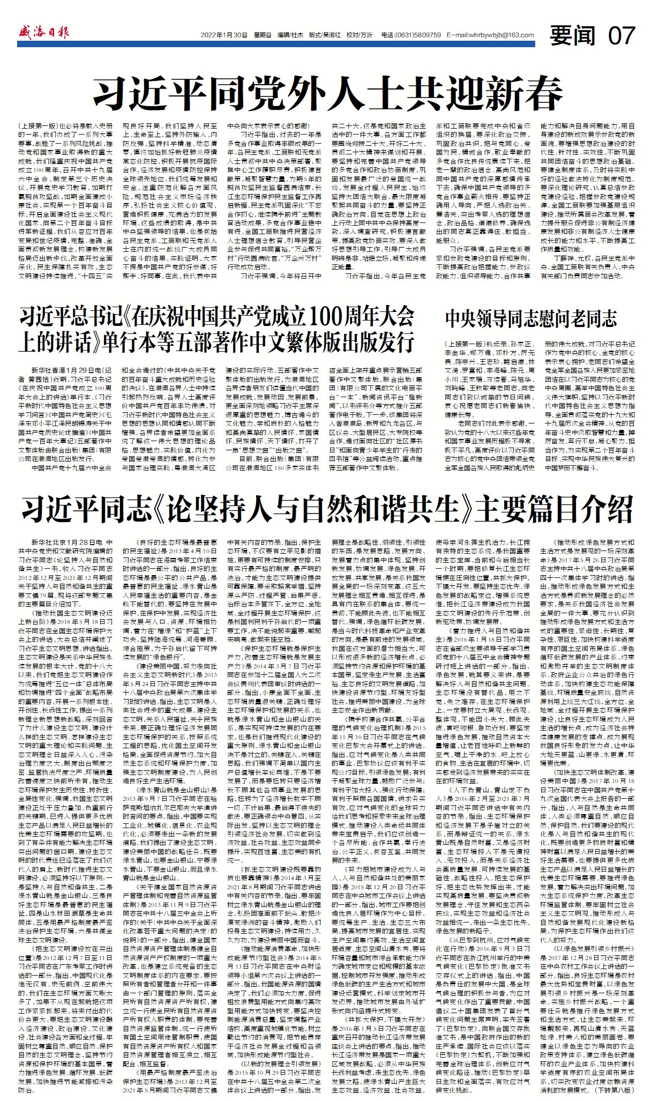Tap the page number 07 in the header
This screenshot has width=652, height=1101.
[x=621, y=35]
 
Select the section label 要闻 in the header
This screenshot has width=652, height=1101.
[x=573, y=35]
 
